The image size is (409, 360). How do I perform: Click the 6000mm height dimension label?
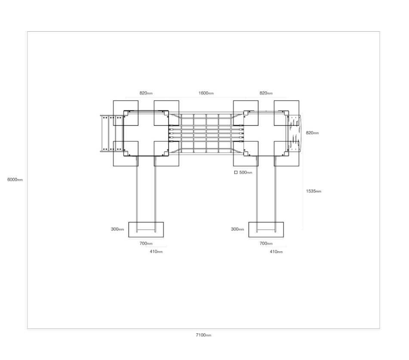(15, 180)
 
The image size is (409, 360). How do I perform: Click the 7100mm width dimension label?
(203, 335)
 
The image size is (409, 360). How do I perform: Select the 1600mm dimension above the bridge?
(206, 93)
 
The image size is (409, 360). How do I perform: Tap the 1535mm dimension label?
(314, 191)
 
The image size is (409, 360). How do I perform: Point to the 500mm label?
(246, 172)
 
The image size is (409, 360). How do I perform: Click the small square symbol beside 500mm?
(236, 172)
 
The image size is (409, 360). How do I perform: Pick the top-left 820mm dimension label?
(146, 93)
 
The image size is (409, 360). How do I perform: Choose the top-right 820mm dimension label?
(266, 93)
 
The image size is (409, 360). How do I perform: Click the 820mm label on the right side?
(312, 133)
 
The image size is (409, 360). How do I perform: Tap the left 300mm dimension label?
(117, 229)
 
